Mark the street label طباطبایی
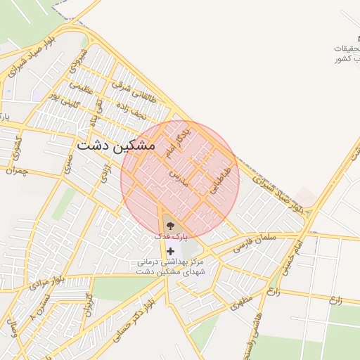pos(220,179)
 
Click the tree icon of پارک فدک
pos(169,226)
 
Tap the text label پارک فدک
pos(166,237)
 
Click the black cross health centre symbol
pos(169,251)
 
